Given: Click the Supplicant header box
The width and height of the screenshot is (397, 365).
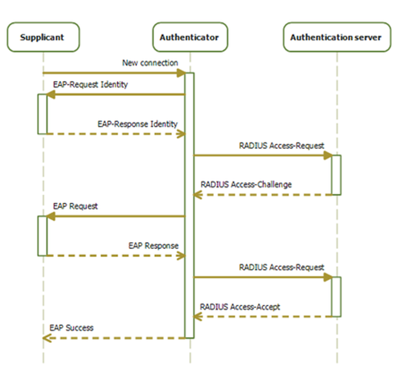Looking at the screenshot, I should click(42, 38).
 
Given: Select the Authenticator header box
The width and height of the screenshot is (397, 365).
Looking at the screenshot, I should click(189, 38).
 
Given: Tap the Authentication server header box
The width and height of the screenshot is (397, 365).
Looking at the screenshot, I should click(336, 38).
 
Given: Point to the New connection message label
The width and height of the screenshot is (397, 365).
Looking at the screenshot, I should click(150, 62).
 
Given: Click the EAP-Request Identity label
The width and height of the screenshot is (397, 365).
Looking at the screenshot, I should click(90, 84).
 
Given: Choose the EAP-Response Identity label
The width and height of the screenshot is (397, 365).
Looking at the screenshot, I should click(137, 124).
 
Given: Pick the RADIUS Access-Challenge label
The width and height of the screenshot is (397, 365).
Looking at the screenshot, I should click(246, 184).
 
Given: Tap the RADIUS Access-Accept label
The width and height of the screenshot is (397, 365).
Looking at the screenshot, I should click(240, 307).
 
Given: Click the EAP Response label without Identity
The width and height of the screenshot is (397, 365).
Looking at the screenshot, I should click(153, 245).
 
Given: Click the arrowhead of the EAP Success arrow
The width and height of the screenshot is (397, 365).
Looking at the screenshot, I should click(46, 338).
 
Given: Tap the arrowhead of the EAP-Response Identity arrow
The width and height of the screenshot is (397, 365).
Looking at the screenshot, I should click(181, 134).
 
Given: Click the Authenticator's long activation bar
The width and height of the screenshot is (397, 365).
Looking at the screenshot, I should click(189, 206).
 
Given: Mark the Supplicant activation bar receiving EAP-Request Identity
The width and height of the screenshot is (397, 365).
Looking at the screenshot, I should click(42, 114).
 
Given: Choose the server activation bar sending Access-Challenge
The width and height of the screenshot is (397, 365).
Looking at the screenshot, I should click(336, 174).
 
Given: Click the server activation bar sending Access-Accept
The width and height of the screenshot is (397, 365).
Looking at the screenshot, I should click(336, 296).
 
